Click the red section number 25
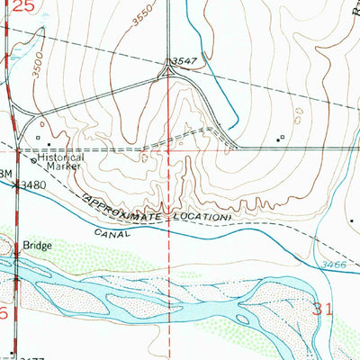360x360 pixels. click(x=24, y=7)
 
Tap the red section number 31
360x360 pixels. click(x=327, y=309)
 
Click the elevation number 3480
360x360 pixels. click(x=33, y=185)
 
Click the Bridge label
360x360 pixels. click(x=38, y=244)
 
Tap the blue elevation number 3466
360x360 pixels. click(x=332, y=262)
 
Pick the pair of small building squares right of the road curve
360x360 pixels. click(x=281, y=138)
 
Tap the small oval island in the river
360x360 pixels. click(x=242, y=319)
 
